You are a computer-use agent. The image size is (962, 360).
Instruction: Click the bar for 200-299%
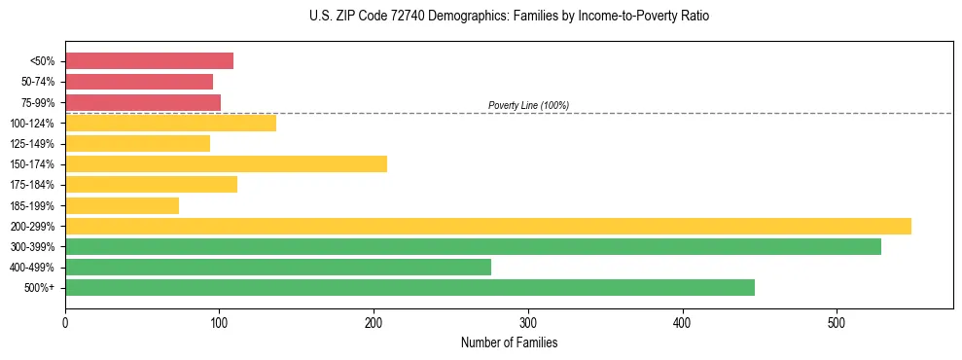click(488, 226)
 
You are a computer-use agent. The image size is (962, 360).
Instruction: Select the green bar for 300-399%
click(473, 246)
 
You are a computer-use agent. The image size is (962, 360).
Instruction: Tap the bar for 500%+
click(410, 287)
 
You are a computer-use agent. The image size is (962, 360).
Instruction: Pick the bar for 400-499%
click(278, 267)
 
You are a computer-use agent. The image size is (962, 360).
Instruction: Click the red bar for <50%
click(149, 61)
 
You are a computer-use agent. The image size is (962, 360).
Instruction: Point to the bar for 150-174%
click(226, 163)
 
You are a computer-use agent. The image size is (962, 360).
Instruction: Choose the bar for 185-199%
click(122, 205)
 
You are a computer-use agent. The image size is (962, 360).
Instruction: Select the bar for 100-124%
click(170, 123)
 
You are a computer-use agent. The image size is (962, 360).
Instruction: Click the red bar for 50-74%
click(139, 82)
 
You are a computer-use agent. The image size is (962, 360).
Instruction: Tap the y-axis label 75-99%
click(38, 103)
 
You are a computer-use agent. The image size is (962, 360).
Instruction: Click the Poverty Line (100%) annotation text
click(528, 105)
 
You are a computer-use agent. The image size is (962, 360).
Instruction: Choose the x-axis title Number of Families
click(509, 343)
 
